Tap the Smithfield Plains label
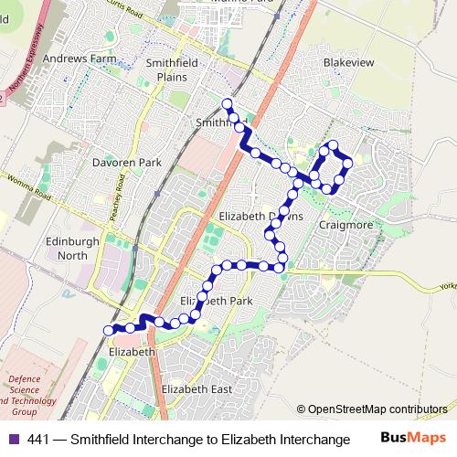pyautogui.click(x=166, y=69)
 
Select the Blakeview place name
pyautogui.click(x=344, y=63)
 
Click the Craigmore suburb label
pyautogui.click(x=344, y=224)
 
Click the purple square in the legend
pyautogui.click(x=12, y=440)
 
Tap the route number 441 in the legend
pyautogui.click(x=38, y=440)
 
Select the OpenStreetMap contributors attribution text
pyautogui.click(x=378, y=409)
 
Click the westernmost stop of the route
pyautogui.click(x=109, y=330)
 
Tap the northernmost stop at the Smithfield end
pyautogui.click(x=227, y=102)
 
